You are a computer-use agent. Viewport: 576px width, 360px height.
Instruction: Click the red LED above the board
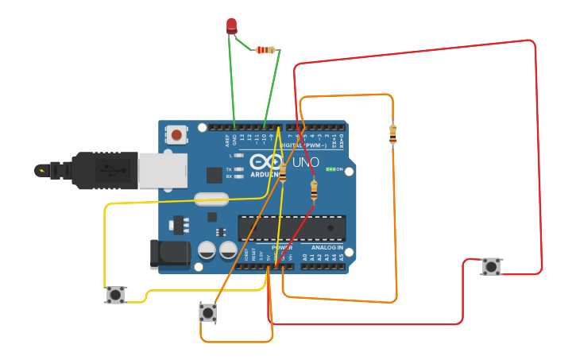click(x=231, y=25)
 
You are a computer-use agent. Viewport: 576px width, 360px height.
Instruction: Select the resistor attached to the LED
click(x=265, y=50)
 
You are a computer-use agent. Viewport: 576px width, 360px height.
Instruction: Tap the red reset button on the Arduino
click(x=176, y=135)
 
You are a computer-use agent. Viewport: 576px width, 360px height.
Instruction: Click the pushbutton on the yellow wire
click(x=116, y=295)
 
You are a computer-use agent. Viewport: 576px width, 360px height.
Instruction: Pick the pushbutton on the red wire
click(x=492, y=267)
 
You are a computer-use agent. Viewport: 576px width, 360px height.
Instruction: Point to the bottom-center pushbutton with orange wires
click(x=208, y=312)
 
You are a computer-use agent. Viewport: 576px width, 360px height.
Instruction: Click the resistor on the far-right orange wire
click(x=392, y=134)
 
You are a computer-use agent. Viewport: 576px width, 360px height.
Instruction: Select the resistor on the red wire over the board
click(x=314, y=191)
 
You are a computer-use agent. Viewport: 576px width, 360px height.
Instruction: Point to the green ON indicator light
click(x=331, y=169)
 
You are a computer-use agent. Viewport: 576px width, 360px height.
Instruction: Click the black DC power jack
click(x=170, y=254)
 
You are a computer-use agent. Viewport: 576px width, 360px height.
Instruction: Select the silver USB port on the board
click(x=162, y=170)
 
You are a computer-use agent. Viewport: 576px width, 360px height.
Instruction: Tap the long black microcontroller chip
click(x=292, y=227)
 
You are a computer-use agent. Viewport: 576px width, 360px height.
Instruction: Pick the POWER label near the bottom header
click(x=281, y=248)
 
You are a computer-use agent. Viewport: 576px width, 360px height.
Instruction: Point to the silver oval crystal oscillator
click(x=211, y=200)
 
